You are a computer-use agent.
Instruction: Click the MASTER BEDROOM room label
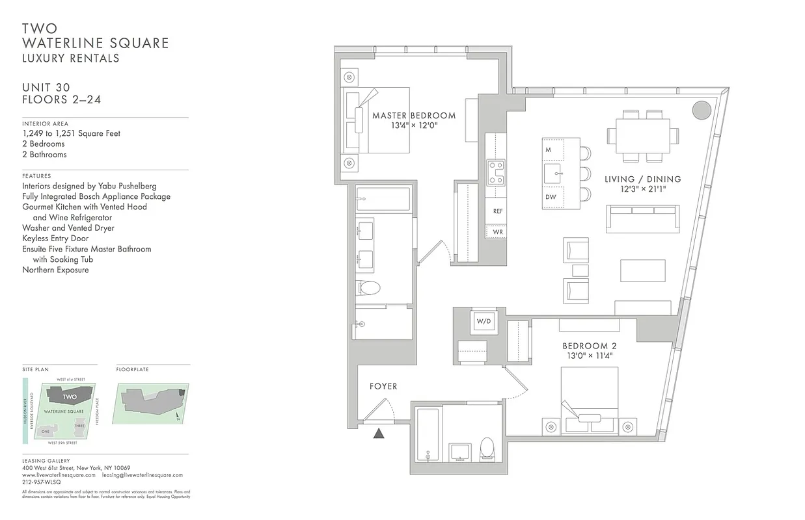click(x=414, y=116)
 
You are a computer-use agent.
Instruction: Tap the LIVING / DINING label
click(x=642, y=179)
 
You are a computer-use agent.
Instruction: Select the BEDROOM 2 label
click(x=589, y=346)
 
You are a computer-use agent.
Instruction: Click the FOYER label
click(x=383, y=386)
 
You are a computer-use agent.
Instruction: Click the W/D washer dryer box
click(x=483, y=321)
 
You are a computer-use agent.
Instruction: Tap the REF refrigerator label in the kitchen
click(x=497, y=211)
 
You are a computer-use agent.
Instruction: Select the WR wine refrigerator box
click(x=497, y=231)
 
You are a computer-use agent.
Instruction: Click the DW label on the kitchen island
click(x=550, y=197)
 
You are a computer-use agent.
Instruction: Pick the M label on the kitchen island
click(x=549, y=150)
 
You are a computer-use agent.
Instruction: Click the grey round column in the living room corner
click(x=701, y=110)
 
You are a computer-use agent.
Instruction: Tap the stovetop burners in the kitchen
click(x=497, y=173)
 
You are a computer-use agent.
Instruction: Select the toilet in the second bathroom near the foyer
click(x=486, y=448)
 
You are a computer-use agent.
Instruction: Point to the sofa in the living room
click(x=642, y=218)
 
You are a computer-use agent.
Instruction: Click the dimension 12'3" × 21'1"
click(x=642, y=190)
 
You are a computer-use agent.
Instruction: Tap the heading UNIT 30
click(x=46, y=88)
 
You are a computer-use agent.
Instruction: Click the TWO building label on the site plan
click(x=70, y=396)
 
